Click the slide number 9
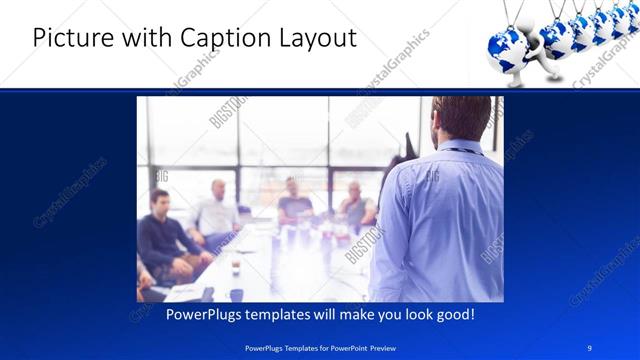(590, 347)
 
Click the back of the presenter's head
(461, 118)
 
